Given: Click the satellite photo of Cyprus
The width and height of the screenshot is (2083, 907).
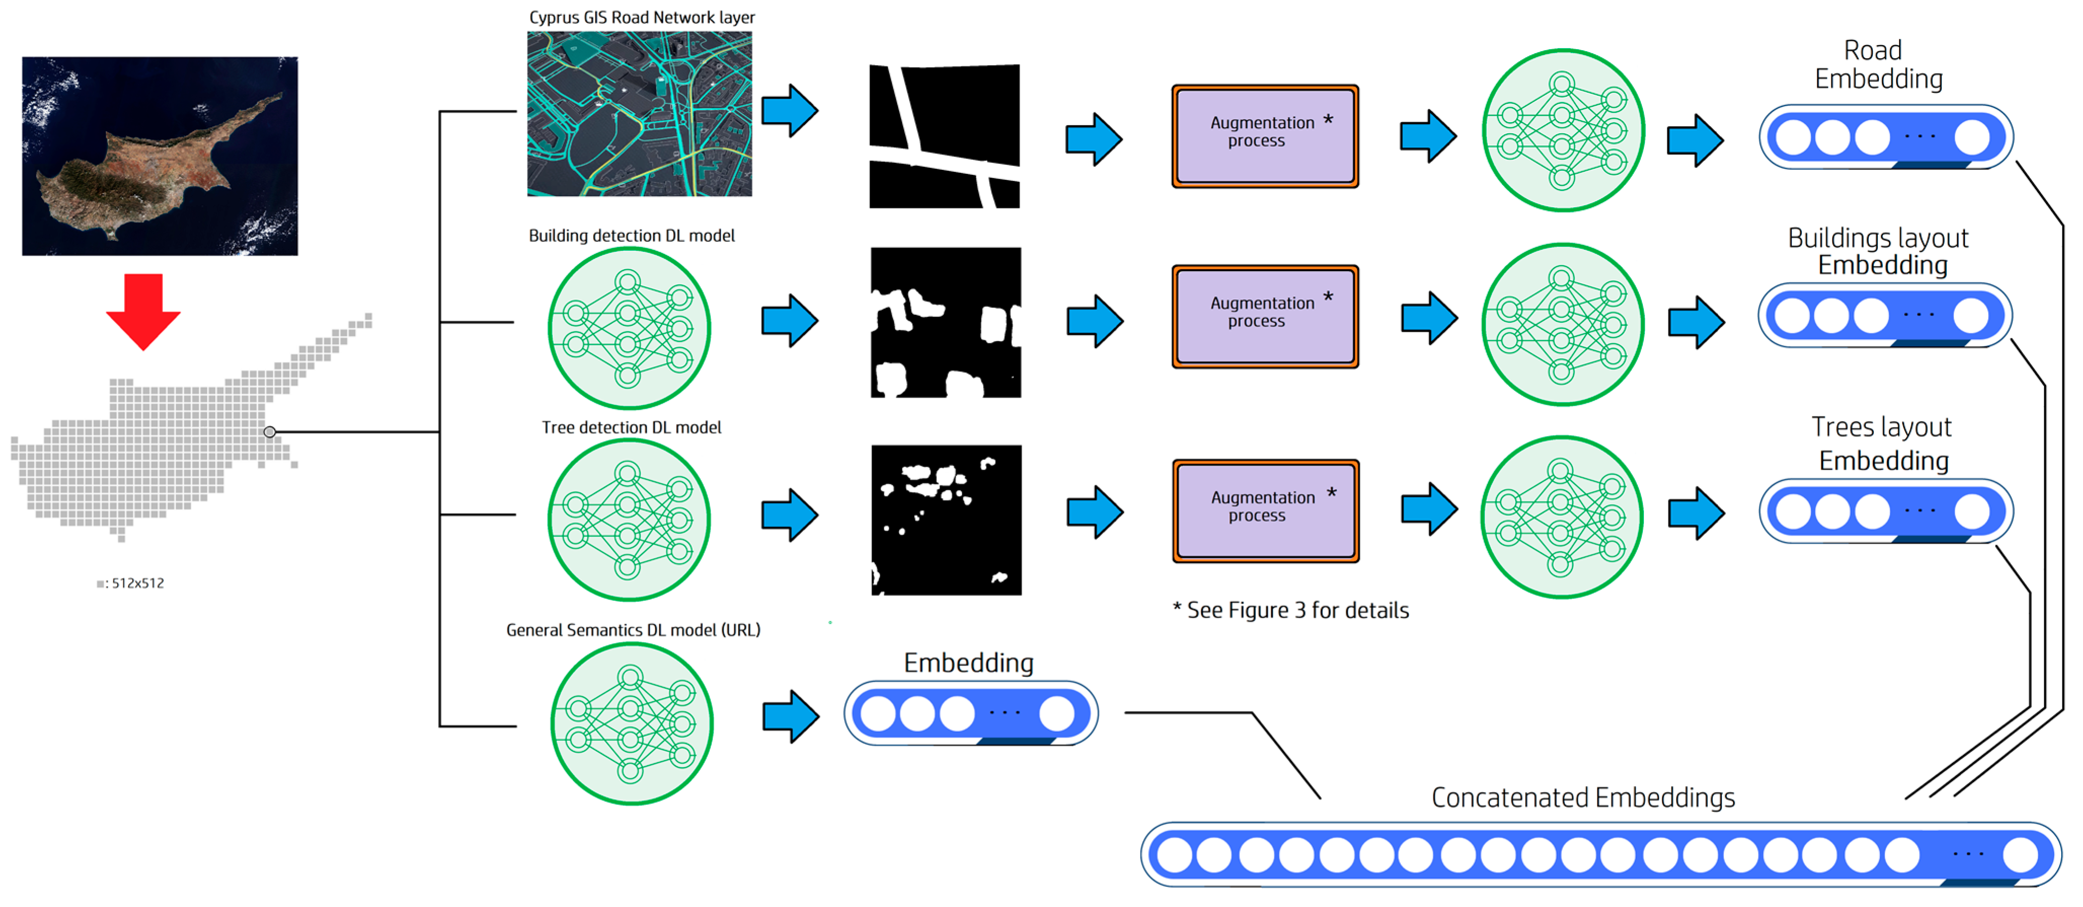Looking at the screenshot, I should [160, 156].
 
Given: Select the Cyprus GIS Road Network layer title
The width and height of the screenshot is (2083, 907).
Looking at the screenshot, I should [641, 17].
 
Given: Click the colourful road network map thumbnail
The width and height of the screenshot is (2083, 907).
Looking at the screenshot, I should [639, 114].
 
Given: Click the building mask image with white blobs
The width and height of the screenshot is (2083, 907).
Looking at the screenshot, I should [945, 322].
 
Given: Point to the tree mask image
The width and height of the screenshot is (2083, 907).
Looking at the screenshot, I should [946, 519].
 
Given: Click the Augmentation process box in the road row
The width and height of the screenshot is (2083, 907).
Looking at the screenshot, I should [1265, 136].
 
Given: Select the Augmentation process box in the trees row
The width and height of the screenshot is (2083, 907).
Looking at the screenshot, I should [1266, 511].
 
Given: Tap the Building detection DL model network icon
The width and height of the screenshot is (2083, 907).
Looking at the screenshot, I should [628, 328].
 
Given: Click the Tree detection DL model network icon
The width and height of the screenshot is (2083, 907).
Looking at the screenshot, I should [628, 519].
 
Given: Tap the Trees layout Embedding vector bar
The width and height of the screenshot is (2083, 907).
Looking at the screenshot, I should [1885, 511].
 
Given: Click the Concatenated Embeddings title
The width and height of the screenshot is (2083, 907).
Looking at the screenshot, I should [1583, 797].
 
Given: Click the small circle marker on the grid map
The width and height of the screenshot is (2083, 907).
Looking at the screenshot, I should [270, 432].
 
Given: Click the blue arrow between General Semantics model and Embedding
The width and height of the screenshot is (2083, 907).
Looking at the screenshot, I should [790, 715].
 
